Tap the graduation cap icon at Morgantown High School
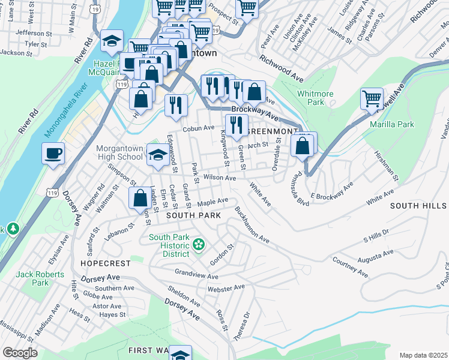point(158,155)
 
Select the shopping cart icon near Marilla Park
point(372,98)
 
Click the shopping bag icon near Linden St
point(140,198)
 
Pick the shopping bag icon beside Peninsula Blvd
point(303,146)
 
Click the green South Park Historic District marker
point(199,244)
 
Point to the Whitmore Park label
point(315,98)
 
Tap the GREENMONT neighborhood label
point(273,131)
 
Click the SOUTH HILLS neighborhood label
point(418,206)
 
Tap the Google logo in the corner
point(20,353)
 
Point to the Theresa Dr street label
point(241,326)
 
